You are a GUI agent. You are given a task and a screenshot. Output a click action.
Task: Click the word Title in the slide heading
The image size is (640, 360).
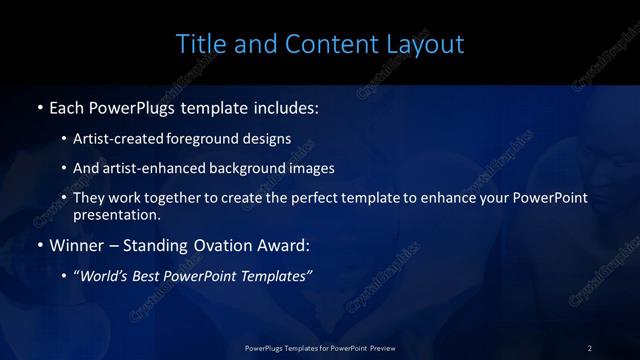pyautogui.click(x=198, y=44)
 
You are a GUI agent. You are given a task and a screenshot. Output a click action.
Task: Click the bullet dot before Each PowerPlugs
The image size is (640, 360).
pyautogui.click(x=39, y=105)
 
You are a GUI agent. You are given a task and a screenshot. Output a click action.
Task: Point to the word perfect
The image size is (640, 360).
pyautogui.click(x=322, y=198)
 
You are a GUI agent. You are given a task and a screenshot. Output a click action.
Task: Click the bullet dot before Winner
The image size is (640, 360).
pyautogui.click(x=39, y=245)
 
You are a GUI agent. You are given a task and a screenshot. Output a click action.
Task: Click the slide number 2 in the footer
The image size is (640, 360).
pyautogui.click(x=590, y=348)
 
